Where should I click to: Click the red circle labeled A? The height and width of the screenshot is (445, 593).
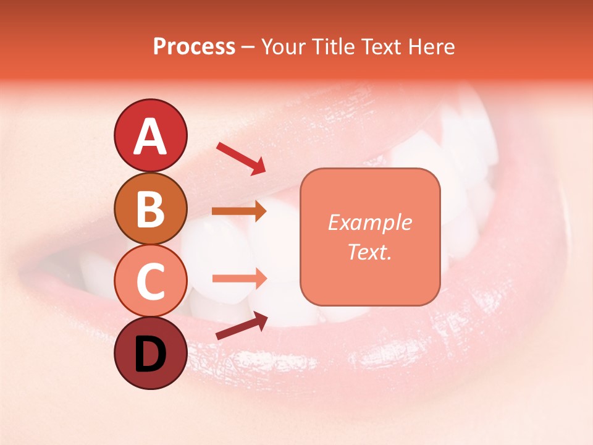click(151, 135)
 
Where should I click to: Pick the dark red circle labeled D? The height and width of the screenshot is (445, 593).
click(151, 353)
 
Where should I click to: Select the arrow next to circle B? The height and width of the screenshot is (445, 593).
click(238, 211)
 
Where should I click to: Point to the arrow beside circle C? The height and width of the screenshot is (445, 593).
click(238, 279)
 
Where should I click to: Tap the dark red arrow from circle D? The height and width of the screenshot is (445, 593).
click(241, 326)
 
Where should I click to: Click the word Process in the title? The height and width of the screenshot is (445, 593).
click(194, 46)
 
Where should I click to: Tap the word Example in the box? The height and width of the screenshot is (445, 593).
click(369, 222)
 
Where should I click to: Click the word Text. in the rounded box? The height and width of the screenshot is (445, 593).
click(369, 252)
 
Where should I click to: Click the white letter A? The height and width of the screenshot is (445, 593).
click(151, 137)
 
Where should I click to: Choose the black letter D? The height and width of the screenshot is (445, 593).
click(151, 354)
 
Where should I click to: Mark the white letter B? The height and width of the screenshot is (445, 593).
click(151, 208)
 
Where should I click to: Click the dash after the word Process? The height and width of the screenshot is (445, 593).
click(248, 47)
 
